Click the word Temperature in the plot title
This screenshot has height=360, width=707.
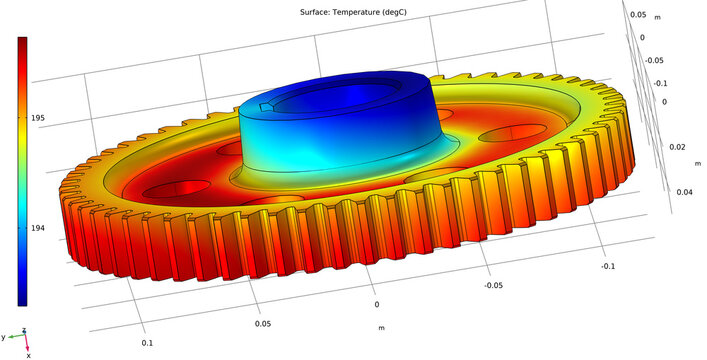tap(346, 11)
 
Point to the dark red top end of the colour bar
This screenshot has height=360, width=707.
tap(22, 42)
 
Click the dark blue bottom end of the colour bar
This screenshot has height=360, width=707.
tap(22, 299)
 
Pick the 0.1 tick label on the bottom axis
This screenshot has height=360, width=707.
tap(146, 342)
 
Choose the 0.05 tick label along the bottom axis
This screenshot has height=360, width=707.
tap(262, 324)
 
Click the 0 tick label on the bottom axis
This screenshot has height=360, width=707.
tap(377, 304)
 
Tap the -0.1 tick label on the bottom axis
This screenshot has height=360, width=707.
tap(608, 266)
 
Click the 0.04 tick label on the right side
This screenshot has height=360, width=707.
tap(683, 192)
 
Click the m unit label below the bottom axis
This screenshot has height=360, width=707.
tap(381, 327)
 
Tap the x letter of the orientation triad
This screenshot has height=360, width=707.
tap(29, 354)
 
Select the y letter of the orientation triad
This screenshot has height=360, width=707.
tap(5, 337)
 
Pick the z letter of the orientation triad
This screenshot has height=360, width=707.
tap(25, 331)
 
